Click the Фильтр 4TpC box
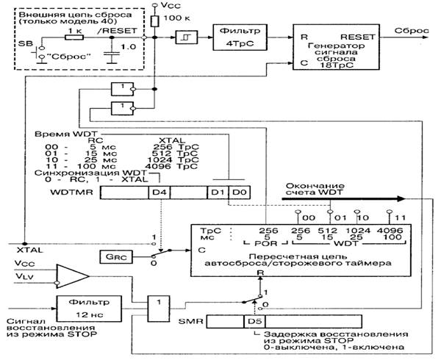click(237, 36)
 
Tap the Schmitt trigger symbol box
click(184, 36)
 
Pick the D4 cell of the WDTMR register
click(158, 192)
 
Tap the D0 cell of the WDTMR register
click(237, 192)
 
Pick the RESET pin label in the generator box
click(359, 35)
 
